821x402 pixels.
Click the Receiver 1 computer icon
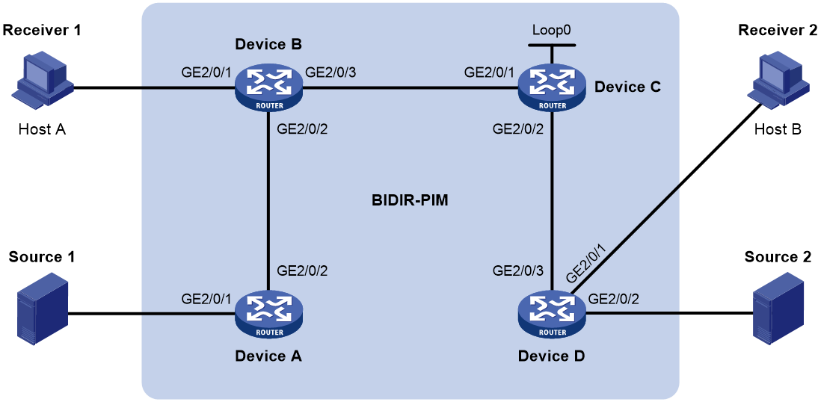point(43,83)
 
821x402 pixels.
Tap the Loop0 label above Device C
point(551,29)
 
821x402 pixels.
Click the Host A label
point(43,129)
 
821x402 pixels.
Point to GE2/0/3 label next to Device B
point(332,72)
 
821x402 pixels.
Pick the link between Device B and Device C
point(410,88)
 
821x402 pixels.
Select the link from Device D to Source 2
point(669,315)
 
